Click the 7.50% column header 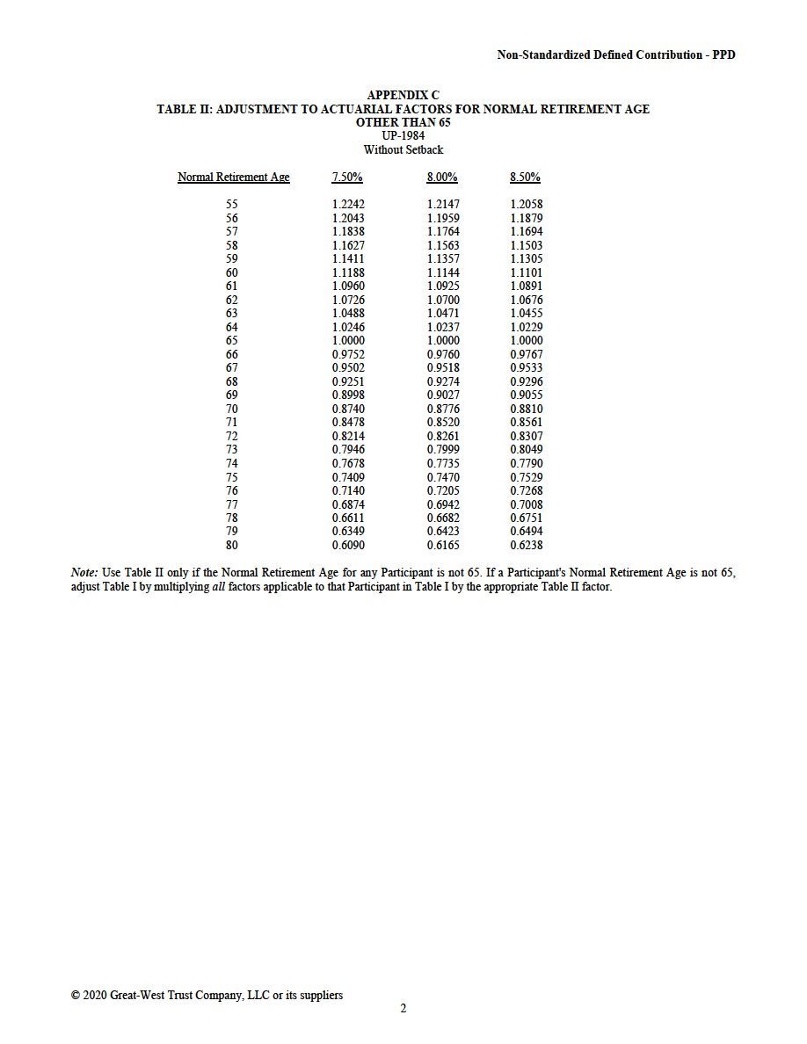coord(347,178)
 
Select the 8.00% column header coord(442,178)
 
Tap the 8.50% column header coord(525,178)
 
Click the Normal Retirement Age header coord(233,178)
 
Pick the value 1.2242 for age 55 coord(348,205)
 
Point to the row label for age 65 coord(232,341)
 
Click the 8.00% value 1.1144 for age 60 coord(443,273)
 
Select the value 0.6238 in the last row coord(527,546)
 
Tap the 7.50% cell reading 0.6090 coord(348,546)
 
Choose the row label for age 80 coord(232,546)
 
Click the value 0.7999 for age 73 coord(443,450)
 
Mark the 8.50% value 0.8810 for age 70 coord(527,410)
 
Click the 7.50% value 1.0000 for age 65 coord(348,341)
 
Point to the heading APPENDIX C coord(403,95)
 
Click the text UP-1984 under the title coord(403,136)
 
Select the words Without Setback coord(403,150)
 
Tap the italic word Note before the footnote coord(84,573)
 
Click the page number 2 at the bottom coord(403,1009)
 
